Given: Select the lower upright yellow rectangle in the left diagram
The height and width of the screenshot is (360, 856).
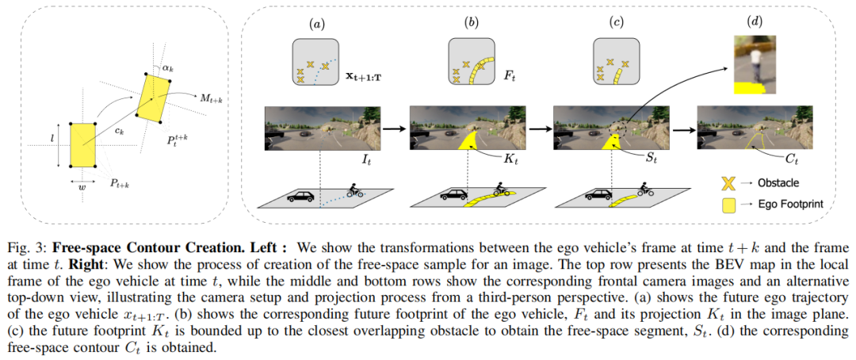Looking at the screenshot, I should [82, 145].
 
